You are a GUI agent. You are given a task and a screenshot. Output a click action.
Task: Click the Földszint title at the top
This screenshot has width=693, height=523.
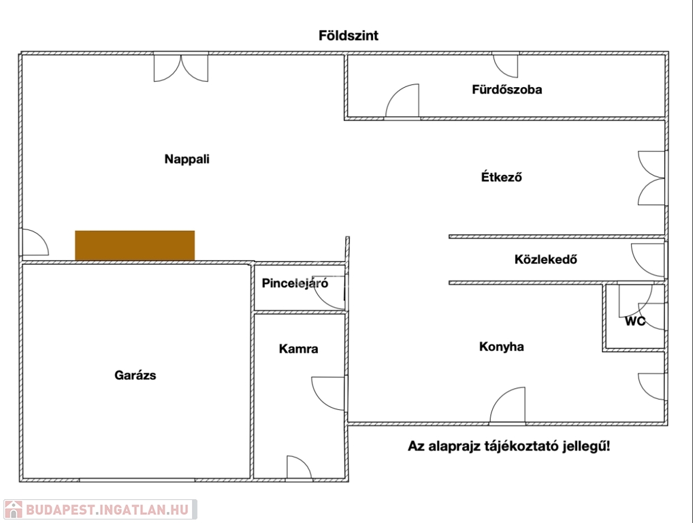pos(348,35)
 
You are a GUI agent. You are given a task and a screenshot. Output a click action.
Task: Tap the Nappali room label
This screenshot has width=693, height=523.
pos(187,159)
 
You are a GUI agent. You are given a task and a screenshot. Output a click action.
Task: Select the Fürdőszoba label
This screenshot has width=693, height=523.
pos(507,89)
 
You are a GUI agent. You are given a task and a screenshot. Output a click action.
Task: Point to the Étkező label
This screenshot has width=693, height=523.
pos(501,178)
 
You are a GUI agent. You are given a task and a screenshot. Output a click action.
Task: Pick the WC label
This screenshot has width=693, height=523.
pos(635,321)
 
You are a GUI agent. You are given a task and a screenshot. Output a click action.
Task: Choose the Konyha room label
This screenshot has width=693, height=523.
pos(502,347)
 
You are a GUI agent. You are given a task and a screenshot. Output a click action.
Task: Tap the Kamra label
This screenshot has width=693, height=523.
pos(298,349)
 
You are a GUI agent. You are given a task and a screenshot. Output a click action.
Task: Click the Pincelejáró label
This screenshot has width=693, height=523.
pos(295,283)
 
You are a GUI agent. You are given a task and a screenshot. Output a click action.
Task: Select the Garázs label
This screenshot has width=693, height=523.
pos(135,375)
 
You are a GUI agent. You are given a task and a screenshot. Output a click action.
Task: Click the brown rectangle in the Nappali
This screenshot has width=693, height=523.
pos(135,245)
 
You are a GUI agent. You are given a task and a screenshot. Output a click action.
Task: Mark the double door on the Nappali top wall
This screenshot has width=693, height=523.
pos(180,67)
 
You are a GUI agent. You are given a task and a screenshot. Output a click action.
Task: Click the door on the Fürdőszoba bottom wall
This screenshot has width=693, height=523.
pos(402,102)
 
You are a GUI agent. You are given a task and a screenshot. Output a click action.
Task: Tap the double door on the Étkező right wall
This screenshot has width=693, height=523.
pos(651,178)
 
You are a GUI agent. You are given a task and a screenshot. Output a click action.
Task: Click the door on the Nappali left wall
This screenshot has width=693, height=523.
pos(34,242)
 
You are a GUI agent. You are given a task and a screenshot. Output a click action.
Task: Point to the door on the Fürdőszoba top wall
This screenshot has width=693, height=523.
pos(505,65)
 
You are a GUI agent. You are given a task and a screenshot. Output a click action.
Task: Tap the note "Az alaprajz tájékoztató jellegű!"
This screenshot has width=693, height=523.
pos(509,447)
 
